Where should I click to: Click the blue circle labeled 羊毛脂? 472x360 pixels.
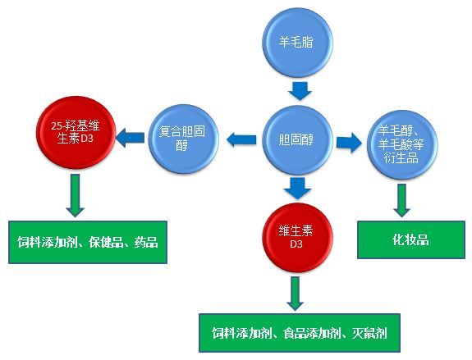coord(297,42)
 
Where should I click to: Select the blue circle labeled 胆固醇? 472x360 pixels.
coord(297,140)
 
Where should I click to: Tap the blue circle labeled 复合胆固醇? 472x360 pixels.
coord(183,139)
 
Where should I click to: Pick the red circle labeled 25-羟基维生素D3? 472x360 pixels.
coord(76,132)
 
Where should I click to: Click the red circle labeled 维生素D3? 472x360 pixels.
coord(297,238)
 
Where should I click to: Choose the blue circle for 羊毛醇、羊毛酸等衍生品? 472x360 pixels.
coord(402,145)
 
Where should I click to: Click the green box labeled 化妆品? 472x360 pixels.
coord(411,240)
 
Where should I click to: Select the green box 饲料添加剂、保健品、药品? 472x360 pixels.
coord(88,242)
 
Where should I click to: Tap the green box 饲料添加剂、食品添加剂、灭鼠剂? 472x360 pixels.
coord(300,333)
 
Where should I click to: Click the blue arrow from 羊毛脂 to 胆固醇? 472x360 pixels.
coord(300,91)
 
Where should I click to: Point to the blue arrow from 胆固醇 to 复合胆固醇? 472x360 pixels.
coord(241,140)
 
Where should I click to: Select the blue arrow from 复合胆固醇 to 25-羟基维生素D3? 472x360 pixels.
coord(130,138)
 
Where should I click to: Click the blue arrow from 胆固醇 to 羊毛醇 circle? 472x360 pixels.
coord(349,142)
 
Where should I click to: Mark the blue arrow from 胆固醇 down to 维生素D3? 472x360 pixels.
coord(297,189)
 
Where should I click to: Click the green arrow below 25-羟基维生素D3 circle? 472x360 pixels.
coord(76,195)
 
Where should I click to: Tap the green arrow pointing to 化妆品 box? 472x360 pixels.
coord(402,201)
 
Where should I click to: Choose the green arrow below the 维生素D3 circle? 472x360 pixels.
coord(296,294)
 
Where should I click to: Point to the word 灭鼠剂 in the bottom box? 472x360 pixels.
coord(369,333)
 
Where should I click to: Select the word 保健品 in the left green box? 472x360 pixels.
coord(106,242)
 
